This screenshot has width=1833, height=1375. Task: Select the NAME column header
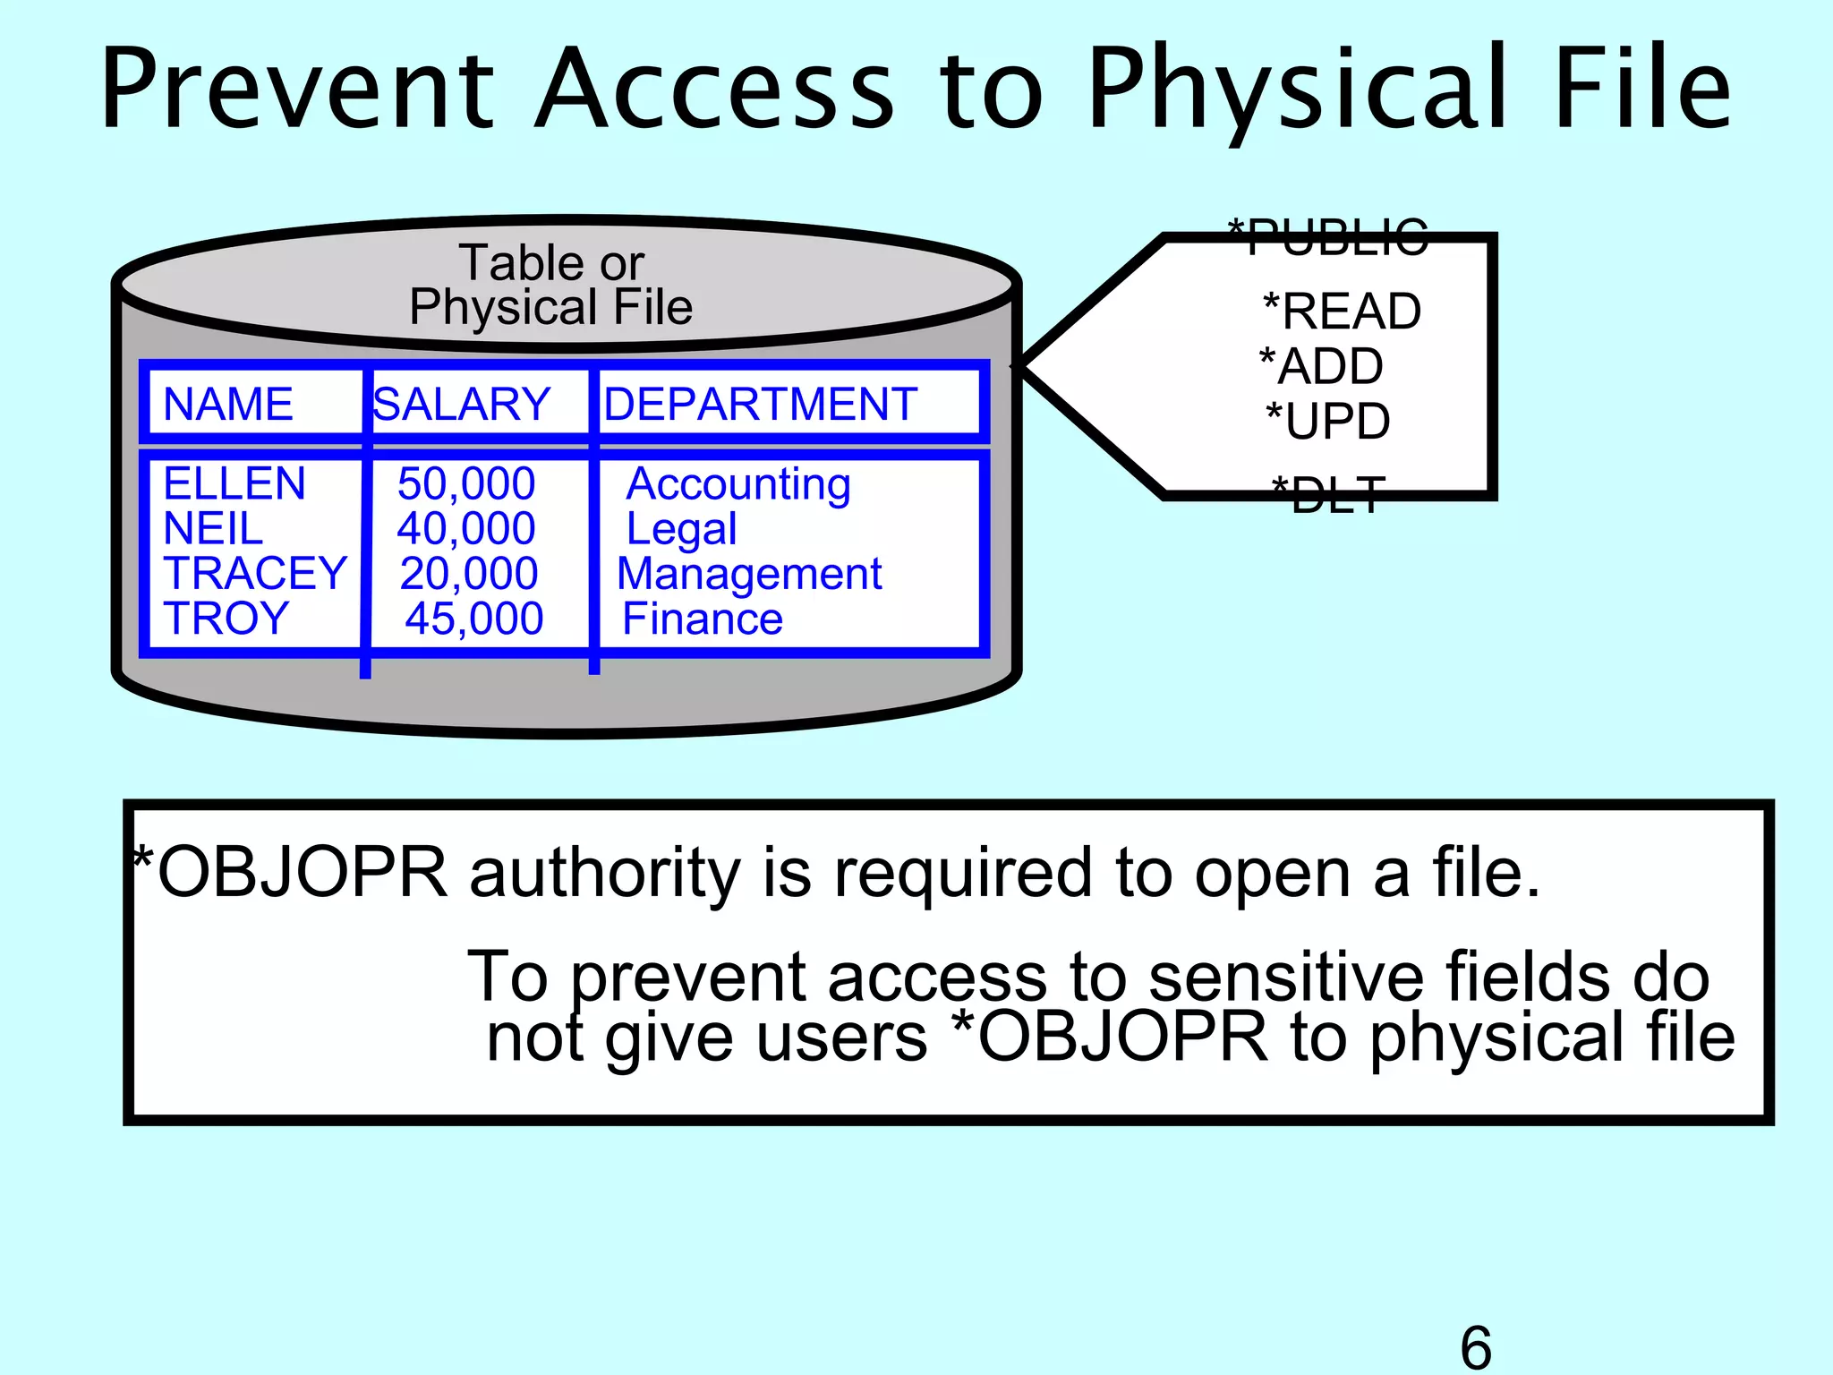(228, 404)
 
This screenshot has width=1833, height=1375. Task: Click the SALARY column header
(462, 404)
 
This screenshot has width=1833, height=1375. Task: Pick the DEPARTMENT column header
(761, 404)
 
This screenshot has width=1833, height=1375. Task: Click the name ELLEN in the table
(234, 483)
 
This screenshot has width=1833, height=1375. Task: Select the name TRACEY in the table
(255, 573)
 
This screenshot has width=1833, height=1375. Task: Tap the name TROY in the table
(226, 618)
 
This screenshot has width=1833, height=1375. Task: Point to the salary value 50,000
(466, 483)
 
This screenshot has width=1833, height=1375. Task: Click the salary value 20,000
(469, 573)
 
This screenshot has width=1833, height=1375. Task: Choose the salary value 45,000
(474, 618)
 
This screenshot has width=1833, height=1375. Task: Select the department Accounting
(738, 484)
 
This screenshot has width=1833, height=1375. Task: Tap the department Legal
(682, 529)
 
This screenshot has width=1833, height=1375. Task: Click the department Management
(750, 574)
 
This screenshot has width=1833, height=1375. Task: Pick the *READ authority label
(1342, 312)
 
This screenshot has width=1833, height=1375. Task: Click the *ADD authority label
(1322, 366)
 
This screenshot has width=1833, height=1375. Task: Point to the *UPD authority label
(1328, 421)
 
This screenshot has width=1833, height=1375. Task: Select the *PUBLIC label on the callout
(1327, 237)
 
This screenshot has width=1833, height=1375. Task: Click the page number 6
(1476, 1346)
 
